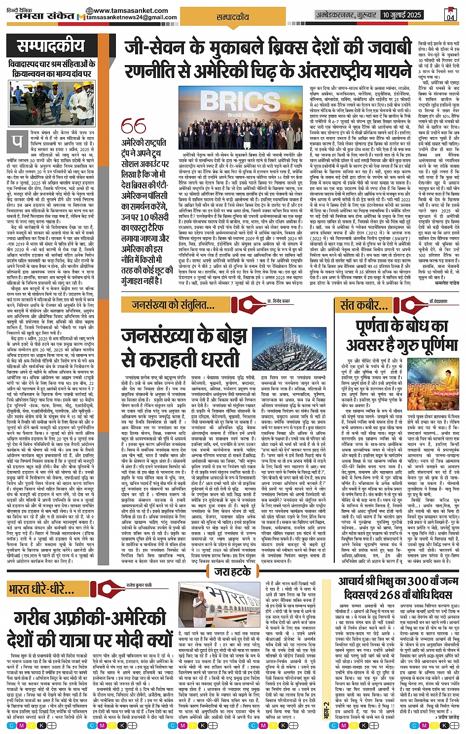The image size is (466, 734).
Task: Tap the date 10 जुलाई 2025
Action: pyautogui.click(x=401, y=15)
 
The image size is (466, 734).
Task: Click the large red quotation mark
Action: pyautogui.click(x=133, y=127)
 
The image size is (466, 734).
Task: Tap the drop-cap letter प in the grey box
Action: pyautogui.click(x=18, y=141)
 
